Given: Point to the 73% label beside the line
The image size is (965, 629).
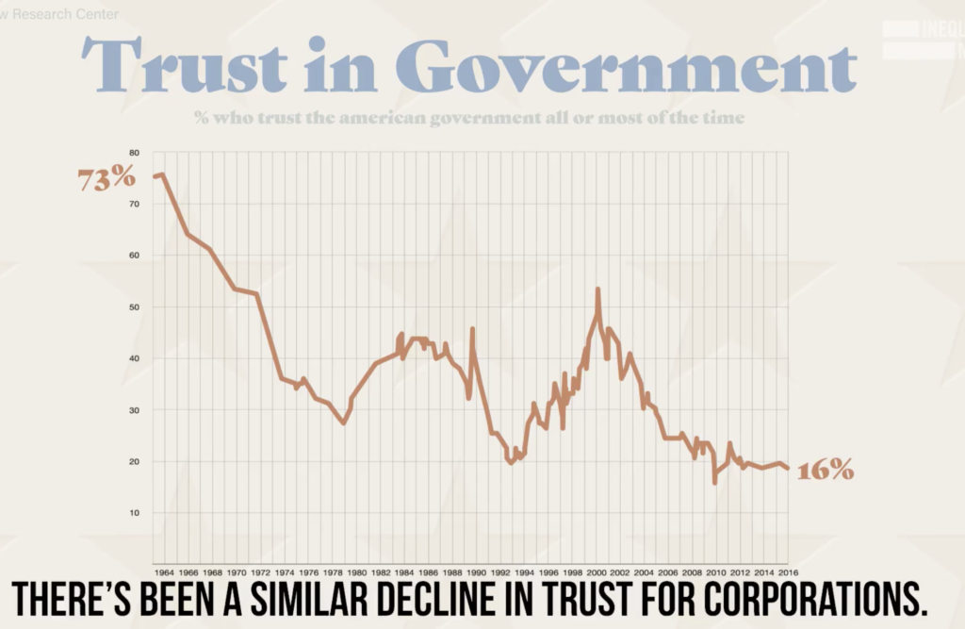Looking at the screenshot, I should click(106, 178).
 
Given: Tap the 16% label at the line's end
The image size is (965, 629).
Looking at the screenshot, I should click(826, 470).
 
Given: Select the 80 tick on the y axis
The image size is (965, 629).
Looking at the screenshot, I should click(134, 153).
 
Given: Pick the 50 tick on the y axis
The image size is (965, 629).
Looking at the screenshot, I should click(134, 307).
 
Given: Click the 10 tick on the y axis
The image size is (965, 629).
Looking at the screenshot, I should click(134, 513).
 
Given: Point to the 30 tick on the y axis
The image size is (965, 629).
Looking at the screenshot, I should click(134, 410).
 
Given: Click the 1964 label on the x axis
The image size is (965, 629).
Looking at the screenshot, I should click(163, 571).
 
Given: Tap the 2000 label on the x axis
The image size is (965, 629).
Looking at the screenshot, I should click(597, 571).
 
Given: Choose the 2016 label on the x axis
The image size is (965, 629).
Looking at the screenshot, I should click(788, 571).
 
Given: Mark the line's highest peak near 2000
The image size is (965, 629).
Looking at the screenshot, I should click(597, 290).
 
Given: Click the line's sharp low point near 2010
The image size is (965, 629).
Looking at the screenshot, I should click(714, 483).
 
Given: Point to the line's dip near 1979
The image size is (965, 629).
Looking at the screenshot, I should click(344, 422).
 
